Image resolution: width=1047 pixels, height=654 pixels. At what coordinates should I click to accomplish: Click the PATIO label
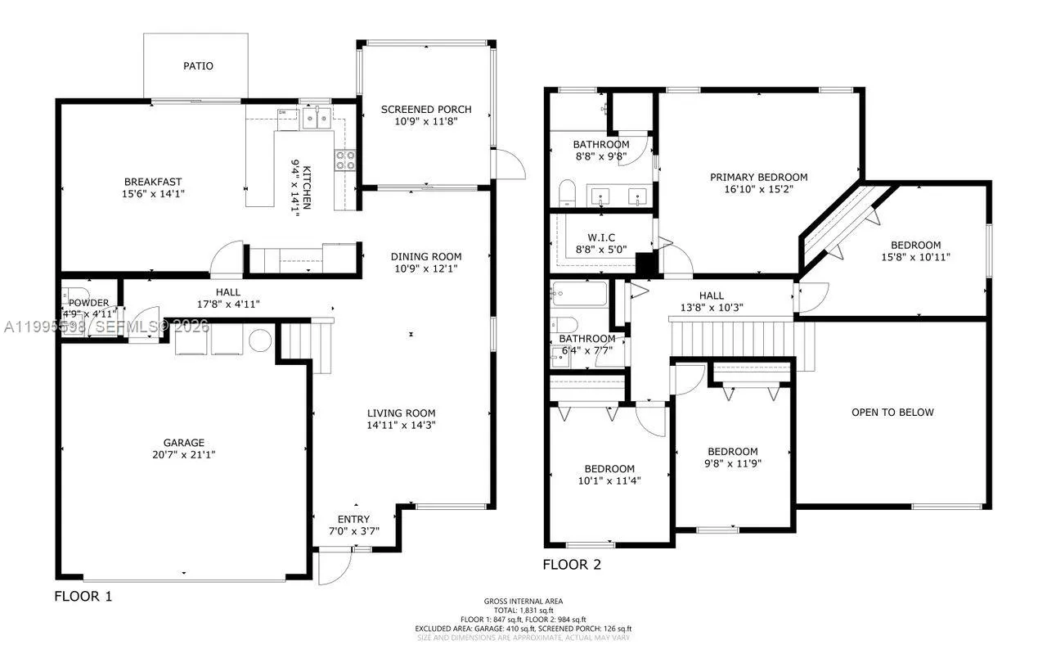198,65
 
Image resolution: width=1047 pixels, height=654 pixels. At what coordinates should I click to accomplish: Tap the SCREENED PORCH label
426,109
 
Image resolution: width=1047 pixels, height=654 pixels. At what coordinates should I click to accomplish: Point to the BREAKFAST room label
153,182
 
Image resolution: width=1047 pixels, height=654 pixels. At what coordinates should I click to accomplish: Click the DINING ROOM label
426,256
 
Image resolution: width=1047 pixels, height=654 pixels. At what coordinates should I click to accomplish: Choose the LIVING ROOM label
401,413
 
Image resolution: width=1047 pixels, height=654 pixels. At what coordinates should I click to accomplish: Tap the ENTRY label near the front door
353,519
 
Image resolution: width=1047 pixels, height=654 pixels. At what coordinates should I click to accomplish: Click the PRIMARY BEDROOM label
758,177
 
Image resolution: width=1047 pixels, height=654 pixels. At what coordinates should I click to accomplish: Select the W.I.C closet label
600,237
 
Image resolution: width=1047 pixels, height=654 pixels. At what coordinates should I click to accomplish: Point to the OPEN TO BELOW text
892,412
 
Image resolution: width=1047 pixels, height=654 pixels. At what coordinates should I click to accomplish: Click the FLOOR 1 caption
83,596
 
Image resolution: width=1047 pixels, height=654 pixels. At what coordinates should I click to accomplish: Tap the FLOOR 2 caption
572,564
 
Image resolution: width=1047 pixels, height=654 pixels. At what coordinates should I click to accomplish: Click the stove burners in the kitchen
344,160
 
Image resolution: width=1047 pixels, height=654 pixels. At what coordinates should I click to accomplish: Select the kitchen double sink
317,120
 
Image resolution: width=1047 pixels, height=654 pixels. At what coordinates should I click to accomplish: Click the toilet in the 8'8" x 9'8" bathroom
568,193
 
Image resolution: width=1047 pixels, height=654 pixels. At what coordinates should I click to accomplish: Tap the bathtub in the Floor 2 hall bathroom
578,294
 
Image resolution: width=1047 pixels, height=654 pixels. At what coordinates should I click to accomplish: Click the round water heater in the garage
260,340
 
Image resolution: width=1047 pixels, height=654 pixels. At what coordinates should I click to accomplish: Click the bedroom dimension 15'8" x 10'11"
915,257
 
